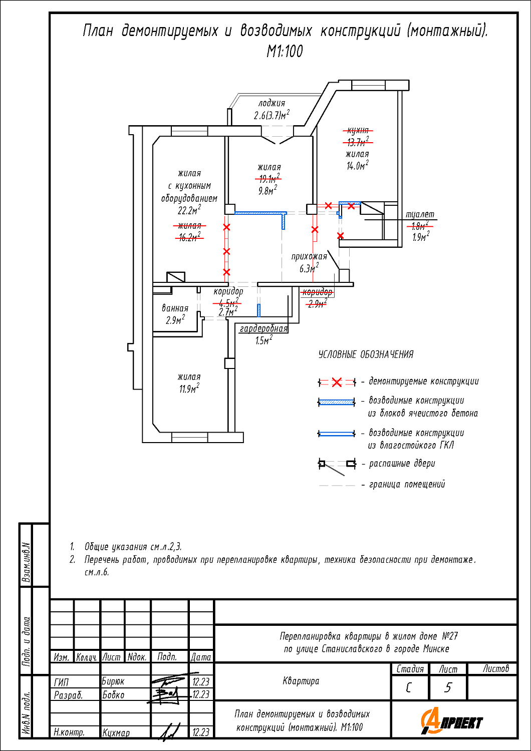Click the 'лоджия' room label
click(272, 103)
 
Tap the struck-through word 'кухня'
click(358, 130)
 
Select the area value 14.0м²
click(358, 165)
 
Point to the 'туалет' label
click(420, 214)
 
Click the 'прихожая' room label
click(309, 256)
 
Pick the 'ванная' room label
click(175, 308)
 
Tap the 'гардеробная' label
click(263, 328)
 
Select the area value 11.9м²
click(189, 389)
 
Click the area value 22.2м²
click(189, 210)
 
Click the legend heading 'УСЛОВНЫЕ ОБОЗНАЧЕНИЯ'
click(366, 354)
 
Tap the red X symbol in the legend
click(337, 382)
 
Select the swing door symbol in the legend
click(337, 466)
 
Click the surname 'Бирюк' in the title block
click(113, 681)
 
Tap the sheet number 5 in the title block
click(448, 688)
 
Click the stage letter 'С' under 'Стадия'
click(409, 688)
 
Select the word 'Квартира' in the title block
click(301, 681)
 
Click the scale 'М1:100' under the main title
click(285, 51)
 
